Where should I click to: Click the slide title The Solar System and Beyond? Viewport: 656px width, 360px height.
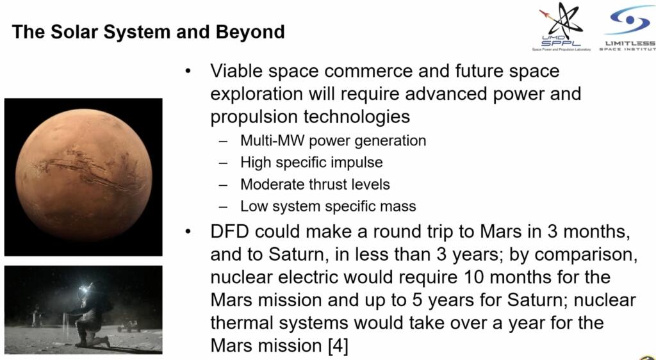[x=149, y=32]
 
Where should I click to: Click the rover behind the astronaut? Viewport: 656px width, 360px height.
[x=129, y=325]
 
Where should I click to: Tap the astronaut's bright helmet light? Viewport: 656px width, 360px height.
[x=86, y=288]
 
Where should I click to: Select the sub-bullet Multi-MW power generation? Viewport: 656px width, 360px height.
[x=333, y=140]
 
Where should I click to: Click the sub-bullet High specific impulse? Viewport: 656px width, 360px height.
[x=311, y=162]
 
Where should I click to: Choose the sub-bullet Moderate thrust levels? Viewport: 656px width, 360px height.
[x=315, y=184]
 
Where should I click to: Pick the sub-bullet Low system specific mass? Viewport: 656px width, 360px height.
[x=328, y=206]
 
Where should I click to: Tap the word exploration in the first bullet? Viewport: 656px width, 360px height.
[x=256, y=94]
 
